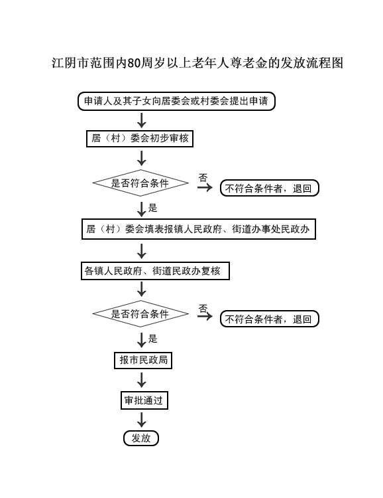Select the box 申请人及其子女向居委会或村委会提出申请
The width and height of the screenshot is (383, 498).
point(176,102)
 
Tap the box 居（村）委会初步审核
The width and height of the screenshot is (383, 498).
point(140,139)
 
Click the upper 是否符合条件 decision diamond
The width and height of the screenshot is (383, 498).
point(140,183)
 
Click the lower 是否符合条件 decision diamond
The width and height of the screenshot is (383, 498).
point(140,314)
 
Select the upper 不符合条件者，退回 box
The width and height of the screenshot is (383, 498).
point(270,189)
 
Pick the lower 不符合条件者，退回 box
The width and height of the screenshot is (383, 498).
point(270,319)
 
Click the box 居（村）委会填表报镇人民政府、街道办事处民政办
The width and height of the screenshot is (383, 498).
point(199,229)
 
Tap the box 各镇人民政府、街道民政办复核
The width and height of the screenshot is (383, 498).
point(155,271)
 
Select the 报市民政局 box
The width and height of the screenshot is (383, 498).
point(143,360)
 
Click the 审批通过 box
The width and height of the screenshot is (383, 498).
point(144,400)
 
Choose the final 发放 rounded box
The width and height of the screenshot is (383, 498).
point(141,438)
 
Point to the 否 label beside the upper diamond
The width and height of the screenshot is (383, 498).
point(203,177)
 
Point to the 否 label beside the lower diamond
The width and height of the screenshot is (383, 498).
point(203,308)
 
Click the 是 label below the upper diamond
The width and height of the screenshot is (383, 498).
point(153,208)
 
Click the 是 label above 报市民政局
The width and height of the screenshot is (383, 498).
point(153,339)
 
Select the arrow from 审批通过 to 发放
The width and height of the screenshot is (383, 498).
point(141,420)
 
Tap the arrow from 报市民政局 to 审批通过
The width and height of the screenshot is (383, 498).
point(141,380)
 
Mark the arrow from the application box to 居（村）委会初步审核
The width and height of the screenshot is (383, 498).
point(141,120)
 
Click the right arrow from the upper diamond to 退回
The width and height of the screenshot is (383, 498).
point(205,187)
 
